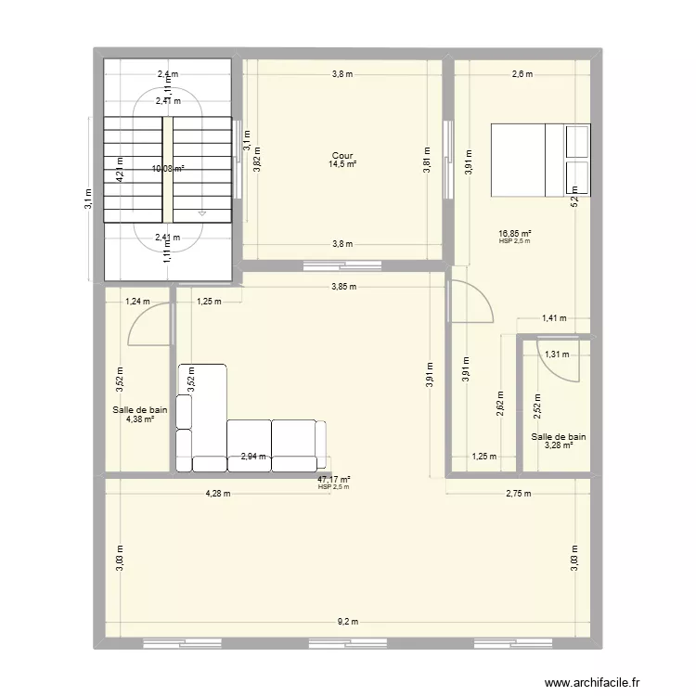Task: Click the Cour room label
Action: tap(342, 156)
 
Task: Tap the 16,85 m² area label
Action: tap(514, 234)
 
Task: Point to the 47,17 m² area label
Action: tap(333, 479)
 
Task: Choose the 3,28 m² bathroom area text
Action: tap(559, 445)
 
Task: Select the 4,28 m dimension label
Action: tap(219, 494)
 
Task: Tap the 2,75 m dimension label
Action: tap(519, 494)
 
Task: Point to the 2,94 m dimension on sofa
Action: tap(253, 456)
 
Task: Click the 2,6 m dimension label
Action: tap(522, 75)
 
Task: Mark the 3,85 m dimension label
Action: tap(343, 286)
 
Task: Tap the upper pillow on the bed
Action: tap(577, 140)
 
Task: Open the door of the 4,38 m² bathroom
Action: tap(148, 325)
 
